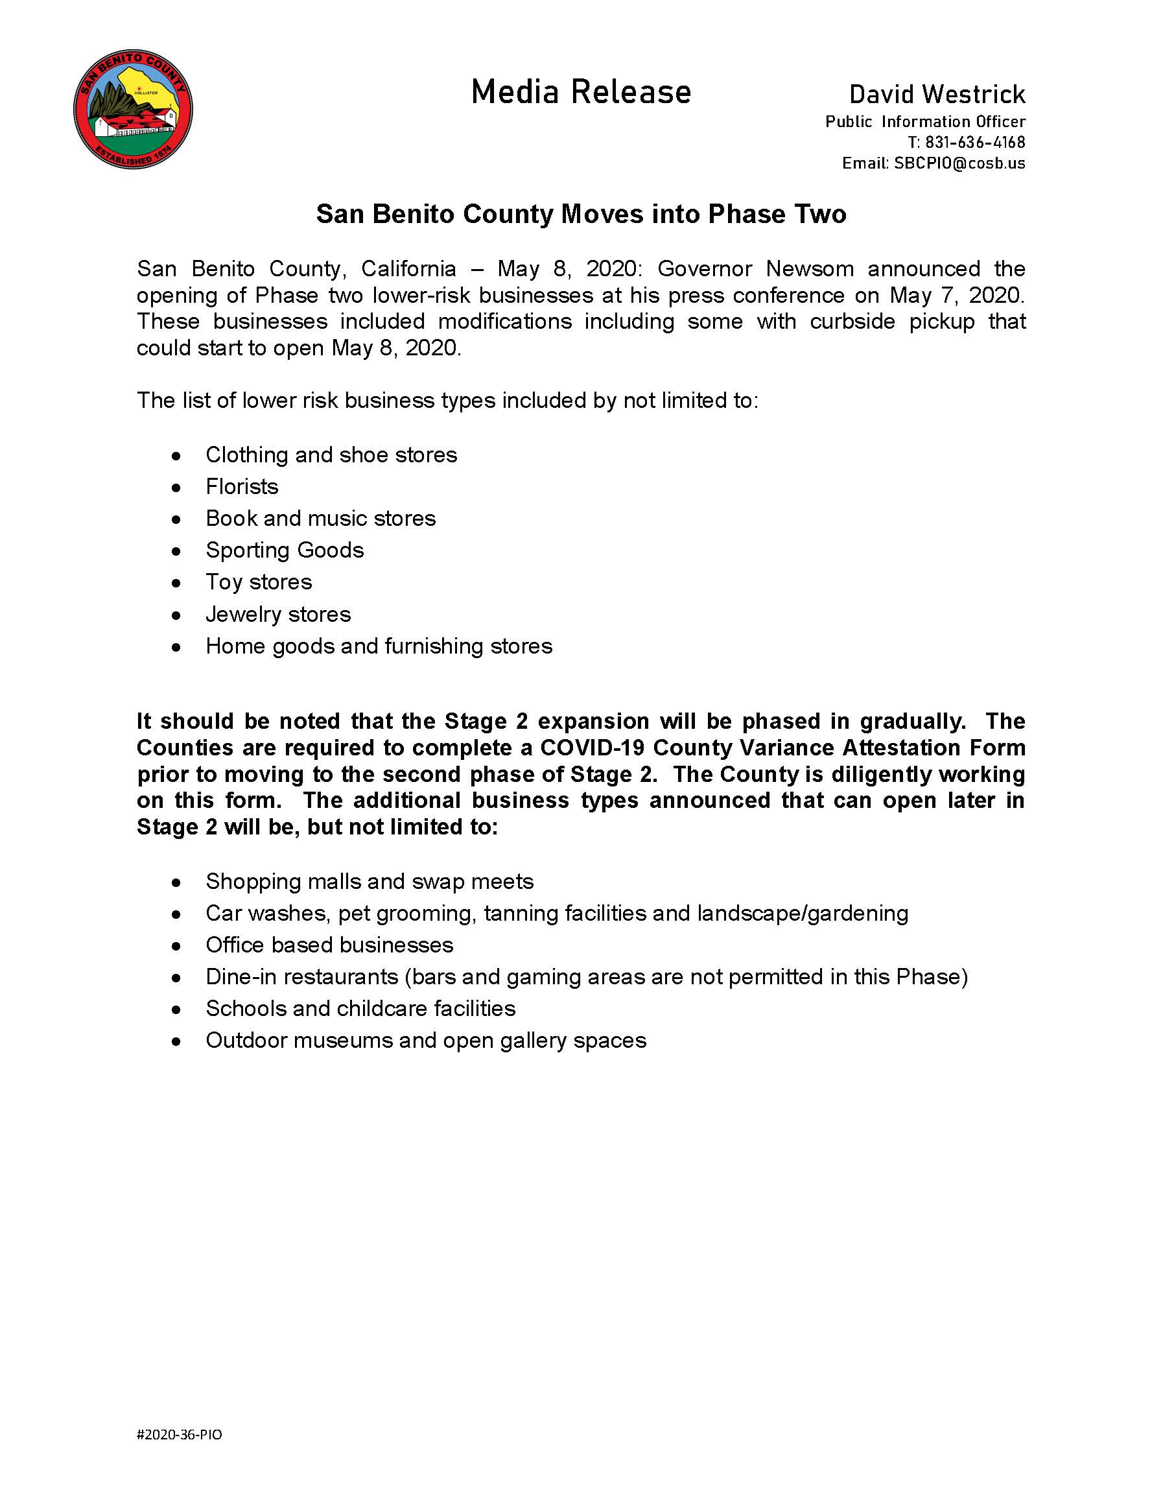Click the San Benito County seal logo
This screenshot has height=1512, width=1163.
click(133, 110)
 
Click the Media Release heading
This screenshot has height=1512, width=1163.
click(581, 92)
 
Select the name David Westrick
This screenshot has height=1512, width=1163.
click(937, 94)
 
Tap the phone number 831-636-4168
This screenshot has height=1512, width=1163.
click(975, 143)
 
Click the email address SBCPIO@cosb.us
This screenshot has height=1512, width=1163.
click(959, 163)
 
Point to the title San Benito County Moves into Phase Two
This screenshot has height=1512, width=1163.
click(581, 214)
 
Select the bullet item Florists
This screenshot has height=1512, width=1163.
click(242, 487)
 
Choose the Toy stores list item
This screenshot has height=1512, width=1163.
click(258, 582)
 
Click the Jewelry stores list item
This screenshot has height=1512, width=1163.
click(277, 614)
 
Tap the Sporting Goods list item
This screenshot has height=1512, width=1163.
click(285, 550)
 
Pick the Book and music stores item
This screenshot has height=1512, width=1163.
click(320, 519)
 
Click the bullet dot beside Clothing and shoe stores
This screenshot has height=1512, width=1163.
click(176, 456)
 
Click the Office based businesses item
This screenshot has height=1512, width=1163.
click(329, 945)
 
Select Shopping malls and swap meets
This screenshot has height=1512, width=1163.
click(370, 881)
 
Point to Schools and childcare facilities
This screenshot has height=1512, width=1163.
click(360, 1009)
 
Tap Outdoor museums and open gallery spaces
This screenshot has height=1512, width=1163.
click(426, 1041)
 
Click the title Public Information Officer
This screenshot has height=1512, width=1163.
click(925, 122)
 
